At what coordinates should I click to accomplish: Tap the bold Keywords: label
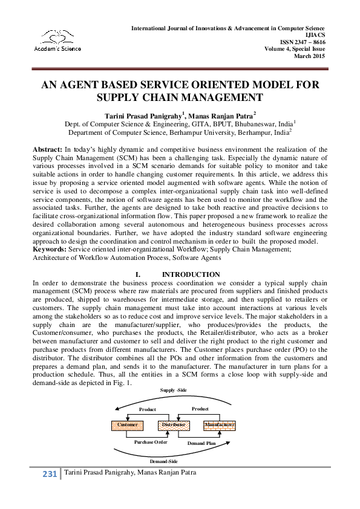pos(50,248)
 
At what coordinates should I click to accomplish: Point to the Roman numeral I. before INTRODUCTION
pos(139,274)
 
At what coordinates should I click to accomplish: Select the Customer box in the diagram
pos(128,425)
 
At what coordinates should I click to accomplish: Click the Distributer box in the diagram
pos(173,425)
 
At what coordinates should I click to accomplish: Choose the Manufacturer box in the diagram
pos(219,425)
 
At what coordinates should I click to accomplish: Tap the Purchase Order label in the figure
pos(151,442)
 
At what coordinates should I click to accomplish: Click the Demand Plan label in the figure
pos(201,443)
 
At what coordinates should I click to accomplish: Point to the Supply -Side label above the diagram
pos(173,390)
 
